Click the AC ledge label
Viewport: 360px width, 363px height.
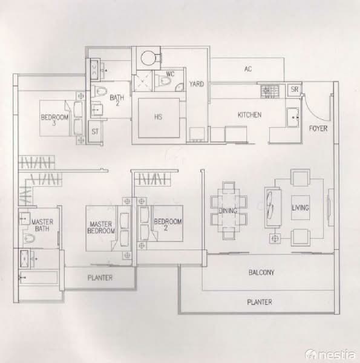[x=247, y=69]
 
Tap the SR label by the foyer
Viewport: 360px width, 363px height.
[x=295, y=90]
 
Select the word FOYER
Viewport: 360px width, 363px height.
[x=318, y=128]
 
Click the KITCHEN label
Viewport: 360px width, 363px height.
[x=249, y=114]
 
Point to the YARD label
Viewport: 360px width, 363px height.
[x=196, y=84]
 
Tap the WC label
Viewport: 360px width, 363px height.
[x=170, y=77]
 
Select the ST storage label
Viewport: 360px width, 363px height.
[x=95, y=131]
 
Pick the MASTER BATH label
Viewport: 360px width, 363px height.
[x=42, y=225]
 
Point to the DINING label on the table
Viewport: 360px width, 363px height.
[x=227, y=211]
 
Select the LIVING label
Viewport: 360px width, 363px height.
[x=300, y=208]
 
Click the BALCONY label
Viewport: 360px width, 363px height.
[x=261, y=273]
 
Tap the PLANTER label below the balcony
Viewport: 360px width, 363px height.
[x=260, y=302]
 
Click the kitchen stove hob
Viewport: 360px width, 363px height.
[x=270, y=91]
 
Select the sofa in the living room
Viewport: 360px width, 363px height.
[x=271, y=208]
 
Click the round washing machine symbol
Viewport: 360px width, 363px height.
[x=147, y=58]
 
